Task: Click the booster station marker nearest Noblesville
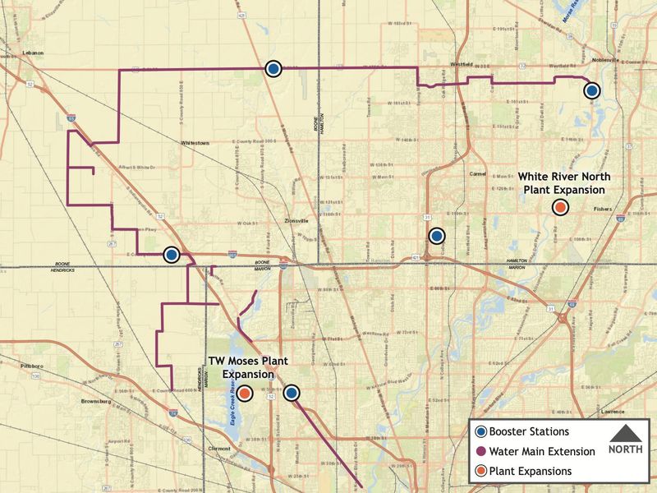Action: click(x=591, y=90)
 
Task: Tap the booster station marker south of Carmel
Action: click(x=437, y=236)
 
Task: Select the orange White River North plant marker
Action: click(x=560, y=207)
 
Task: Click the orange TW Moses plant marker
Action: click(x=245, y=393)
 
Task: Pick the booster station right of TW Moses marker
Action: click(x=292, y=393)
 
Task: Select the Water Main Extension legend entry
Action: click(x=543, y=451)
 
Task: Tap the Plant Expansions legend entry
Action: click(x=531, y=471)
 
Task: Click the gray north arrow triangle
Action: click(x=626, y=433)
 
